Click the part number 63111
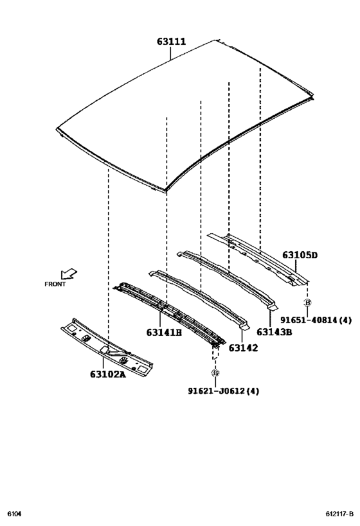pos(171,42)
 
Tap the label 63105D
pos(300,256)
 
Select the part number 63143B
pos(274,332)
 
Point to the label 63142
pos(243,347)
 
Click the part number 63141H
pos(164,333)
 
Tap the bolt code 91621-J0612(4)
pos(223,390)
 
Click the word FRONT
pos(55,284)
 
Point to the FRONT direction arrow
pos(68,274)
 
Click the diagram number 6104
pos(14,514)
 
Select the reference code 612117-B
pos(338,514)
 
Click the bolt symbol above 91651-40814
pos(307,302)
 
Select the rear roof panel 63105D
pos(257,257)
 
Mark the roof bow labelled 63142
pos(199,295)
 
